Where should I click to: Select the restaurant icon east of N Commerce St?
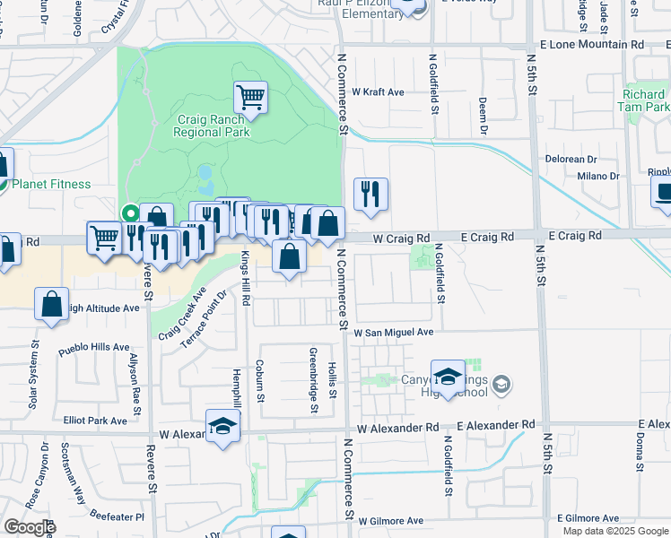(x=370, y=193)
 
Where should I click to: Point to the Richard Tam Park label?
(x=644, y=100)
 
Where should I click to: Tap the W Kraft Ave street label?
(x=378, y=91)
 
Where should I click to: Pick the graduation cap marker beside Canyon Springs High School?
(x=448, y=375)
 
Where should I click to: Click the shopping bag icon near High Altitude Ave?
(x=52, y=303)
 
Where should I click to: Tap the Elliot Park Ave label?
(x=96, y=420)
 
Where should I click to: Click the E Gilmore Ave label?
(x=588, y=518)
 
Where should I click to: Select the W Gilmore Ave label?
(x=390, y=520)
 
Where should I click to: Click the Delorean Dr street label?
(x=571, y=159)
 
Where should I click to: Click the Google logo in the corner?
(x=29, y=527)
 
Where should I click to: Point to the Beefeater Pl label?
(x=115, y=516)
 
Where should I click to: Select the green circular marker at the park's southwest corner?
(x=130, y=213)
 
